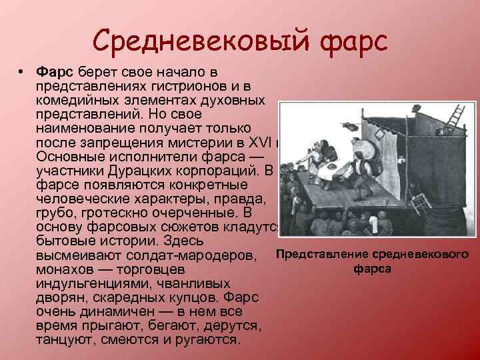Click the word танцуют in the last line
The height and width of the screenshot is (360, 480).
[64, 339]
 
